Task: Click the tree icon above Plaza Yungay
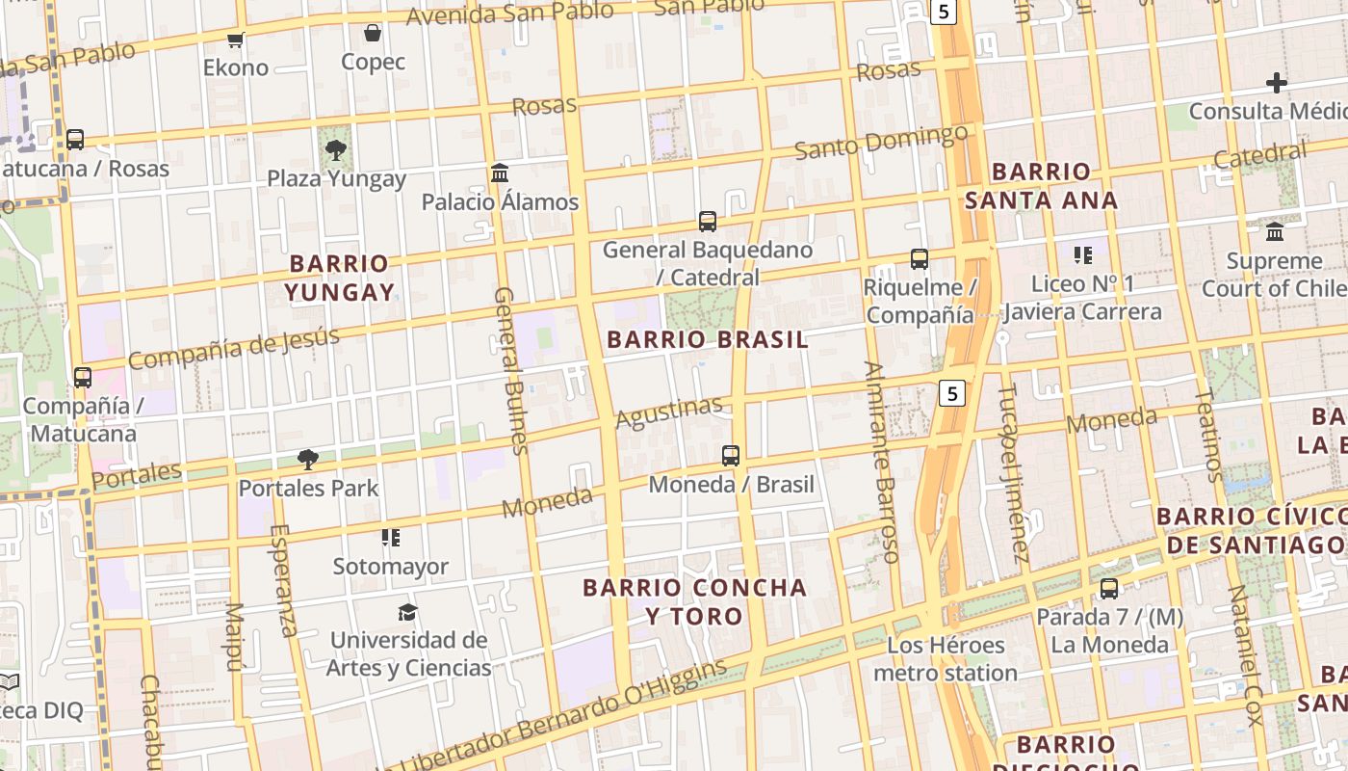pyautogui.click(x=335, y=149)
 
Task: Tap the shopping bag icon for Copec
pyautogui.click(x=373, y=34)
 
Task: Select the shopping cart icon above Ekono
pyautogui.click(x=235, y=40)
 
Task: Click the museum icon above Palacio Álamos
pyautogui.click(x=500, y=173)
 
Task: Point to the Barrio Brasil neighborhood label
pyautogui.click(x=708, y=339)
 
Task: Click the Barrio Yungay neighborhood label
pyautogui.click(x=339, y=278)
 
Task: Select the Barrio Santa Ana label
pyautogui.click(x=1041, y=186)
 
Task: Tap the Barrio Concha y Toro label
pyautogui.click(x=694, y=601)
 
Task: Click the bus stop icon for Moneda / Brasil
pyautogui.click(x=731, y=455)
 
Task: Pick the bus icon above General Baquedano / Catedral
pyautogui.click(x=708, y=222)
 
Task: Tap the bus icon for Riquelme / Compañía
pyautogui.click(x=920, y=258)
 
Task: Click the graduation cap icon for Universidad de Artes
pyautogui.click(x=407, y=612)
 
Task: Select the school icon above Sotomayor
pyautogui.click(x=390, y=538)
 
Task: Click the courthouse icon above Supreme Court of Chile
pyautogui.click(x=1275, y=231)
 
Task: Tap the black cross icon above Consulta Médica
pyautogui.click(x=1277, y=83)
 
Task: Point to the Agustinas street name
pyautogui.click(x=668, y=412)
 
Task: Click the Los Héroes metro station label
pyautogui.click(x=946, y=659)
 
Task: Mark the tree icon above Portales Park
pyautogui.click(x=308, y=459)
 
